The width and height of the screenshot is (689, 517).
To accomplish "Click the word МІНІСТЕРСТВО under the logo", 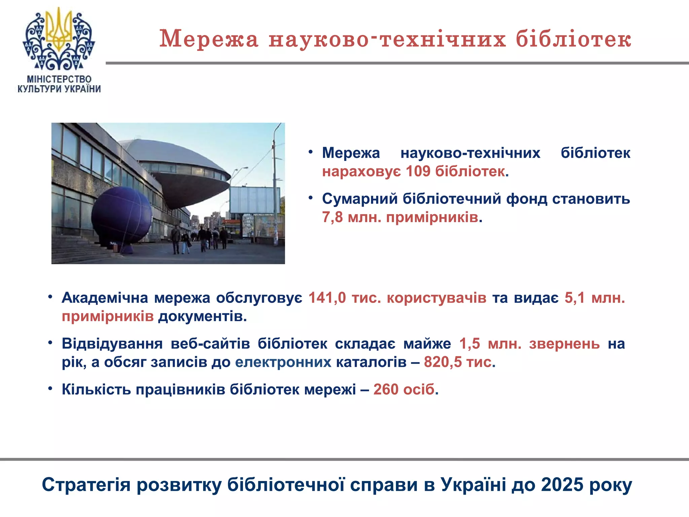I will [x=59, y=79].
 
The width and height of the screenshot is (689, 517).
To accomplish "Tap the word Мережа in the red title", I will [x=209, y=39].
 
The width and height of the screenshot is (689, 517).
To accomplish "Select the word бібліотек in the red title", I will [x=573, y=39].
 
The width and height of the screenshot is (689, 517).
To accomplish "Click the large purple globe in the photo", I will [x=122, y=215].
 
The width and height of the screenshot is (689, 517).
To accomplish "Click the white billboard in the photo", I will [x=254, y=200].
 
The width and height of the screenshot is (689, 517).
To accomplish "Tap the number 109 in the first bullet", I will [x=418, y=171].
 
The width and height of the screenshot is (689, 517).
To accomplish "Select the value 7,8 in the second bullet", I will [x=332, y=217].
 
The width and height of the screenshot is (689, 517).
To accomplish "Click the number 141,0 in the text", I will [x=327, y=298].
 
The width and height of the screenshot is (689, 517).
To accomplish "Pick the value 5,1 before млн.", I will [x=575, y=298].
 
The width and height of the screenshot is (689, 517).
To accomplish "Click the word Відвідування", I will [x=112, y=344].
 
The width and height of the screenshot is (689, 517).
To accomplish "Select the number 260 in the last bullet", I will [x=386, y=389].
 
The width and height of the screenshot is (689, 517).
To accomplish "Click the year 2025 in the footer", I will [x=562, y=485].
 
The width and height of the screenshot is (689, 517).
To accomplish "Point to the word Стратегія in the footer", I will [x=86, y=485].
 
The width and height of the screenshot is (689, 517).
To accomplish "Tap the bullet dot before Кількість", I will [x=50, y=389].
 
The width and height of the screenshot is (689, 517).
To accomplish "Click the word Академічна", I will [x=105, y=298].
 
